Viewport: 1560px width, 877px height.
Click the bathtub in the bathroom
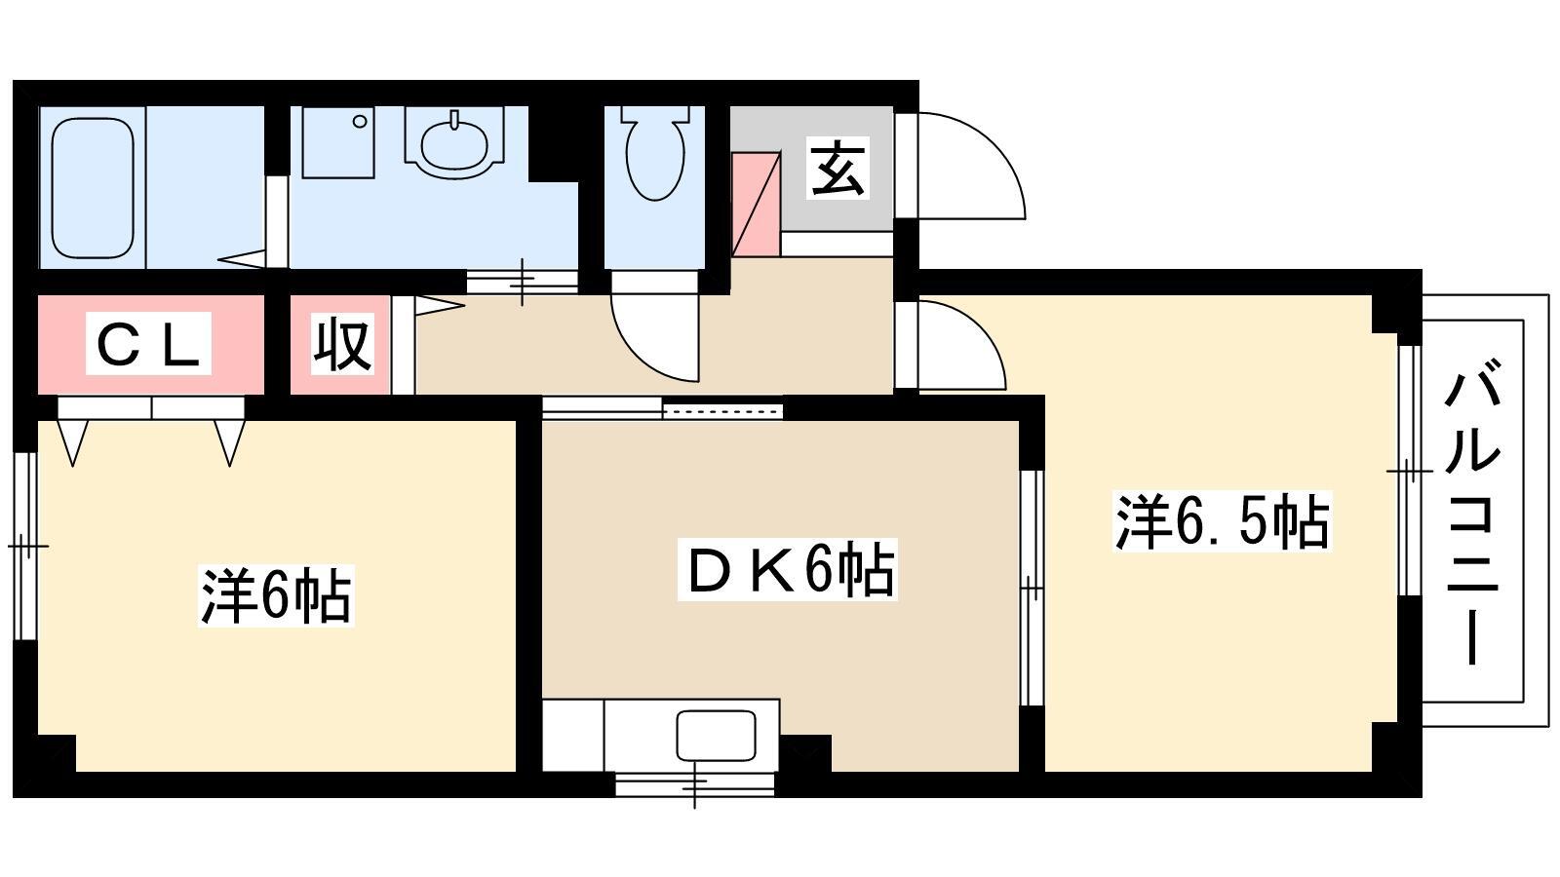pyautogui.click(x=93, y=188)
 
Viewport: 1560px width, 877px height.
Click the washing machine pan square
pyautogui.click(x=338, y=142)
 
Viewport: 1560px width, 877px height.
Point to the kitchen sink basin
pyautogui.click(x=716, y=736)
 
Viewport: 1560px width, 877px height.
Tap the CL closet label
pyautogui.click(x=148, y=344)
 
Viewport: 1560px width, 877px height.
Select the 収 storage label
pyautogui.click(x=341, y=344)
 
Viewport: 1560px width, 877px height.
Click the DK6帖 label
pyautogui.click(x=788, y=569)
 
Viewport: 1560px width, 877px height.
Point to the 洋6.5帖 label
pyautogui.click(x=1223, y=520)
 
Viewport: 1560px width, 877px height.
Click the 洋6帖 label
pyautogui.click(x=276, y=595)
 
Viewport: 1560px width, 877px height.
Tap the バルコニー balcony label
pyautogui.click(x=1472, y=512)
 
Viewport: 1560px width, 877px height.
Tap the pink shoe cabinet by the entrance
pyautogui.click(x=755, y=204)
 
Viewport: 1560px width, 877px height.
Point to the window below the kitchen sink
pyautogui.click(x=694, y=784)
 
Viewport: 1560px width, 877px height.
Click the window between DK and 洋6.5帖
pyautogui.click(x=1033, y=589)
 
